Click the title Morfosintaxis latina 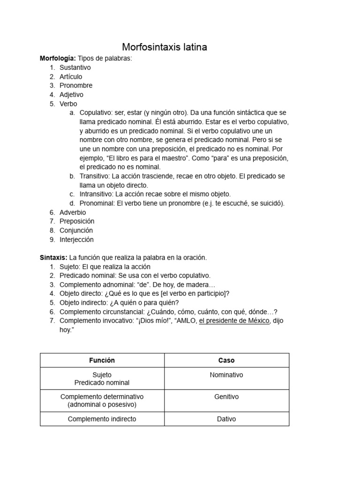click(x=165, y=47)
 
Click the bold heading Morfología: click(x=58, y=58)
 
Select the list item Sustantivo click(x=75, y=67)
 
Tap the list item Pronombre click(x=76, y=85)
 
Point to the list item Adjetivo click(x=71, y=95)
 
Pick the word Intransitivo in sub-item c click(x=96, y=194)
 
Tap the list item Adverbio click(x=73, y=212)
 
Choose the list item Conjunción click(x=76, y=230)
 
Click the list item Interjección click(x=76, y=240)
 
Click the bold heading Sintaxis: click(x=53, y=257)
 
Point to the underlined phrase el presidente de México click(x=234, y=321)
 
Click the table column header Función click(x=102, y=360)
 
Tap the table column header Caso click(x=226, y=360)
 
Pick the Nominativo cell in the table click(x=226, y=375)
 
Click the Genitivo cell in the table click(x=226, y=397)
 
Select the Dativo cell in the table click(x=226, y=419)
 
